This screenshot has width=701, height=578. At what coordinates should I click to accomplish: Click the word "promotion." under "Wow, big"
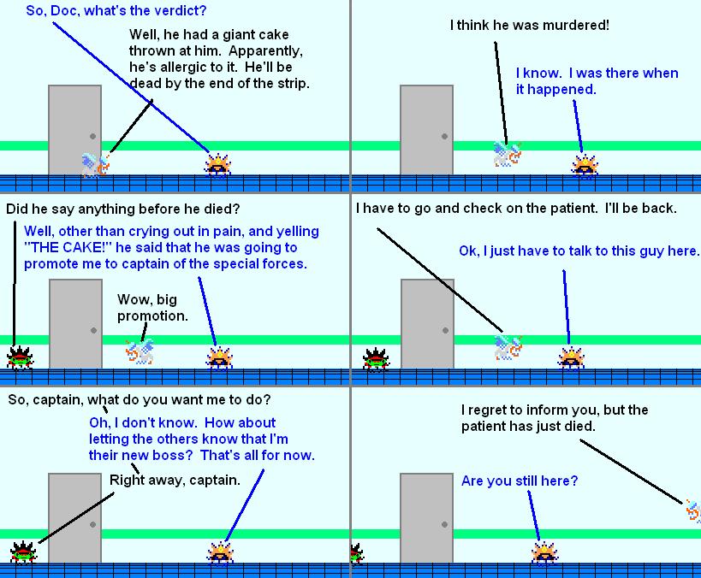152,316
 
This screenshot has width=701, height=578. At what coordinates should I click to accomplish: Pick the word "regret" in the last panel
493,410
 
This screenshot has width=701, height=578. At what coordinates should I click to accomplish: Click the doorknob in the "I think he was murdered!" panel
444,136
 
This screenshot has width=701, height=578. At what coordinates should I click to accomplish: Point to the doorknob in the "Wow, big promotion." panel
93,331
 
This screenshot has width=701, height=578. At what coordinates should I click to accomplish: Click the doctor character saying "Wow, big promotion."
140,351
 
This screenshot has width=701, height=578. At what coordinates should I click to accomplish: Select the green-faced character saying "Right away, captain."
23,552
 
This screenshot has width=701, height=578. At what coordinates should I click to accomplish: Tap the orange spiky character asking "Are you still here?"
544,554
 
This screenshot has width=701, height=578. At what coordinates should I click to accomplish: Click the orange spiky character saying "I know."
585,166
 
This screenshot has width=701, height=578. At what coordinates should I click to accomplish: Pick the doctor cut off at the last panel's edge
693,511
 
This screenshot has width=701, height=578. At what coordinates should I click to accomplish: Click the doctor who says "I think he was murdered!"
508,154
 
